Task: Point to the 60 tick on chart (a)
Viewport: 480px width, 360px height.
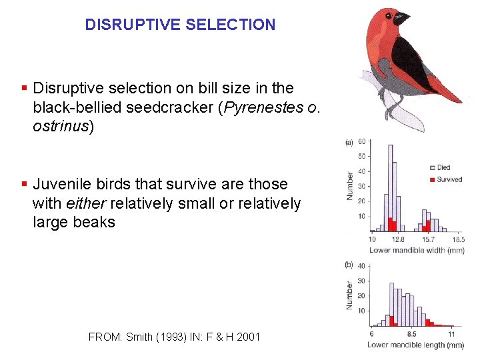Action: click(361, 141)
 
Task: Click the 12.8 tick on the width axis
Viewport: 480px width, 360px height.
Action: click(398, 239)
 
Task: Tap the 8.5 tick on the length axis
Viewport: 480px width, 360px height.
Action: click(411, 334)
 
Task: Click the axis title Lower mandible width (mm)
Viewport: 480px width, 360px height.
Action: click(416, 250)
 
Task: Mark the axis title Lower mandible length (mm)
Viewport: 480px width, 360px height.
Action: click(415, 345)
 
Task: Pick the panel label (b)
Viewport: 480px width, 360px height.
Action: click(349, 265)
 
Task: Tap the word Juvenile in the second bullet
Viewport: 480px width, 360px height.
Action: click(61, 184)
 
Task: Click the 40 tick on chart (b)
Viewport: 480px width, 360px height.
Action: click(361, 266)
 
